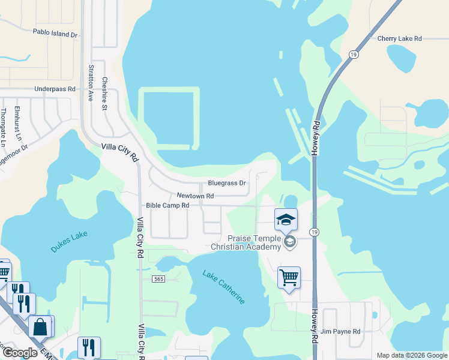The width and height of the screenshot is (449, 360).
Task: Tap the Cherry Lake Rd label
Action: coord(400,38)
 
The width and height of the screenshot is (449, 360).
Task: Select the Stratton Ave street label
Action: coord(91,82)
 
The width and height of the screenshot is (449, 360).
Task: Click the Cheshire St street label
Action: coord(104,94)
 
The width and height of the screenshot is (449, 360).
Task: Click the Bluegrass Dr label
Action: coord(227,183)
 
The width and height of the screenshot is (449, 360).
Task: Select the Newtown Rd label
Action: coord(195,196)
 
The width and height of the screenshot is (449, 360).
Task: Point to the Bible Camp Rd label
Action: coord(167,205)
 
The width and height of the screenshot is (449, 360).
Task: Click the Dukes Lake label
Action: coord(70,238)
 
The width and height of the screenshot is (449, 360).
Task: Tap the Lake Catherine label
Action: coord(224,287)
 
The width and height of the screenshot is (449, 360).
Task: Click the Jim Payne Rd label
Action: coord(340,331)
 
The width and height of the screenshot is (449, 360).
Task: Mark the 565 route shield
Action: coord(158,279)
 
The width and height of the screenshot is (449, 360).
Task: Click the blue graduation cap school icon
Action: coord(286,219)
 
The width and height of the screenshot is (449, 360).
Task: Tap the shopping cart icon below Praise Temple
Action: coord(289,278)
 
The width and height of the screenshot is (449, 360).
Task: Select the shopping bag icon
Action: coord(40,326)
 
